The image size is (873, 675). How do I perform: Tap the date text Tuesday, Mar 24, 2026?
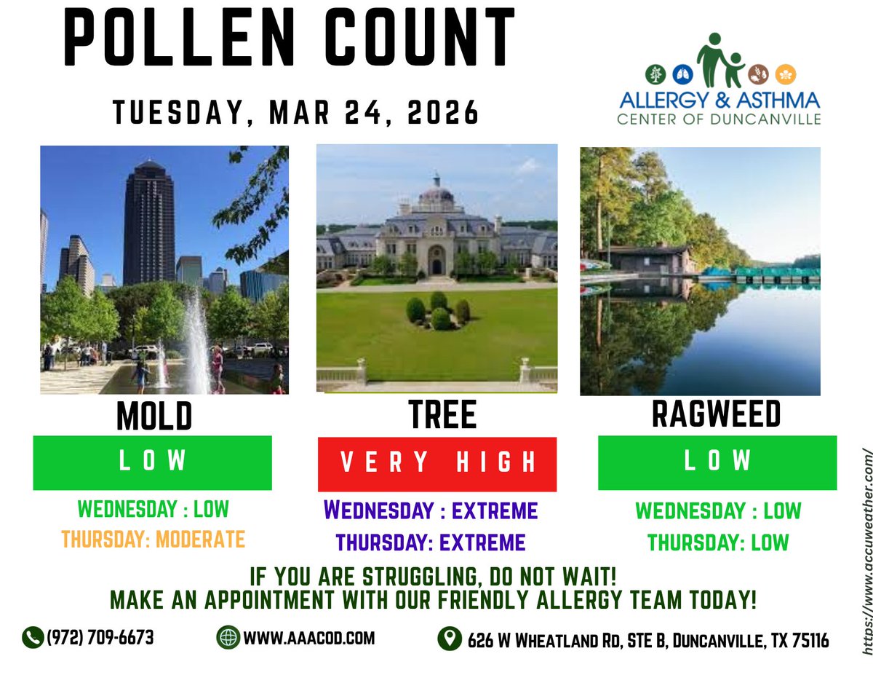click(296, 113)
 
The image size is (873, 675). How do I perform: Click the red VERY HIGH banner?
click(437, 464)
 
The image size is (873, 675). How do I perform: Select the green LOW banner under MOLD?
click(152, 462)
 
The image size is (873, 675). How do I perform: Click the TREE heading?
click(442, 416)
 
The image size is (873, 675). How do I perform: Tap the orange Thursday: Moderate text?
click(153, 539)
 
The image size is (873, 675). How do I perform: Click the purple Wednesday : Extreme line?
click(431, 510)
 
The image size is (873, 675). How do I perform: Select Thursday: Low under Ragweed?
click(718, 542)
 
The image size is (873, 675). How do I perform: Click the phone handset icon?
click(32, 638)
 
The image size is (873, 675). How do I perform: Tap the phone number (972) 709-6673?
click(100, 638)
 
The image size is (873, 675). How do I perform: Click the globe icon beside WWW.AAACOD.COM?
click(228, 638)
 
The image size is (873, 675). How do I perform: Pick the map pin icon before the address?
click(450, 639)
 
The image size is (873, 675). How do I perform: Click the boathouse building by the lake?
click(647, 261)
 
